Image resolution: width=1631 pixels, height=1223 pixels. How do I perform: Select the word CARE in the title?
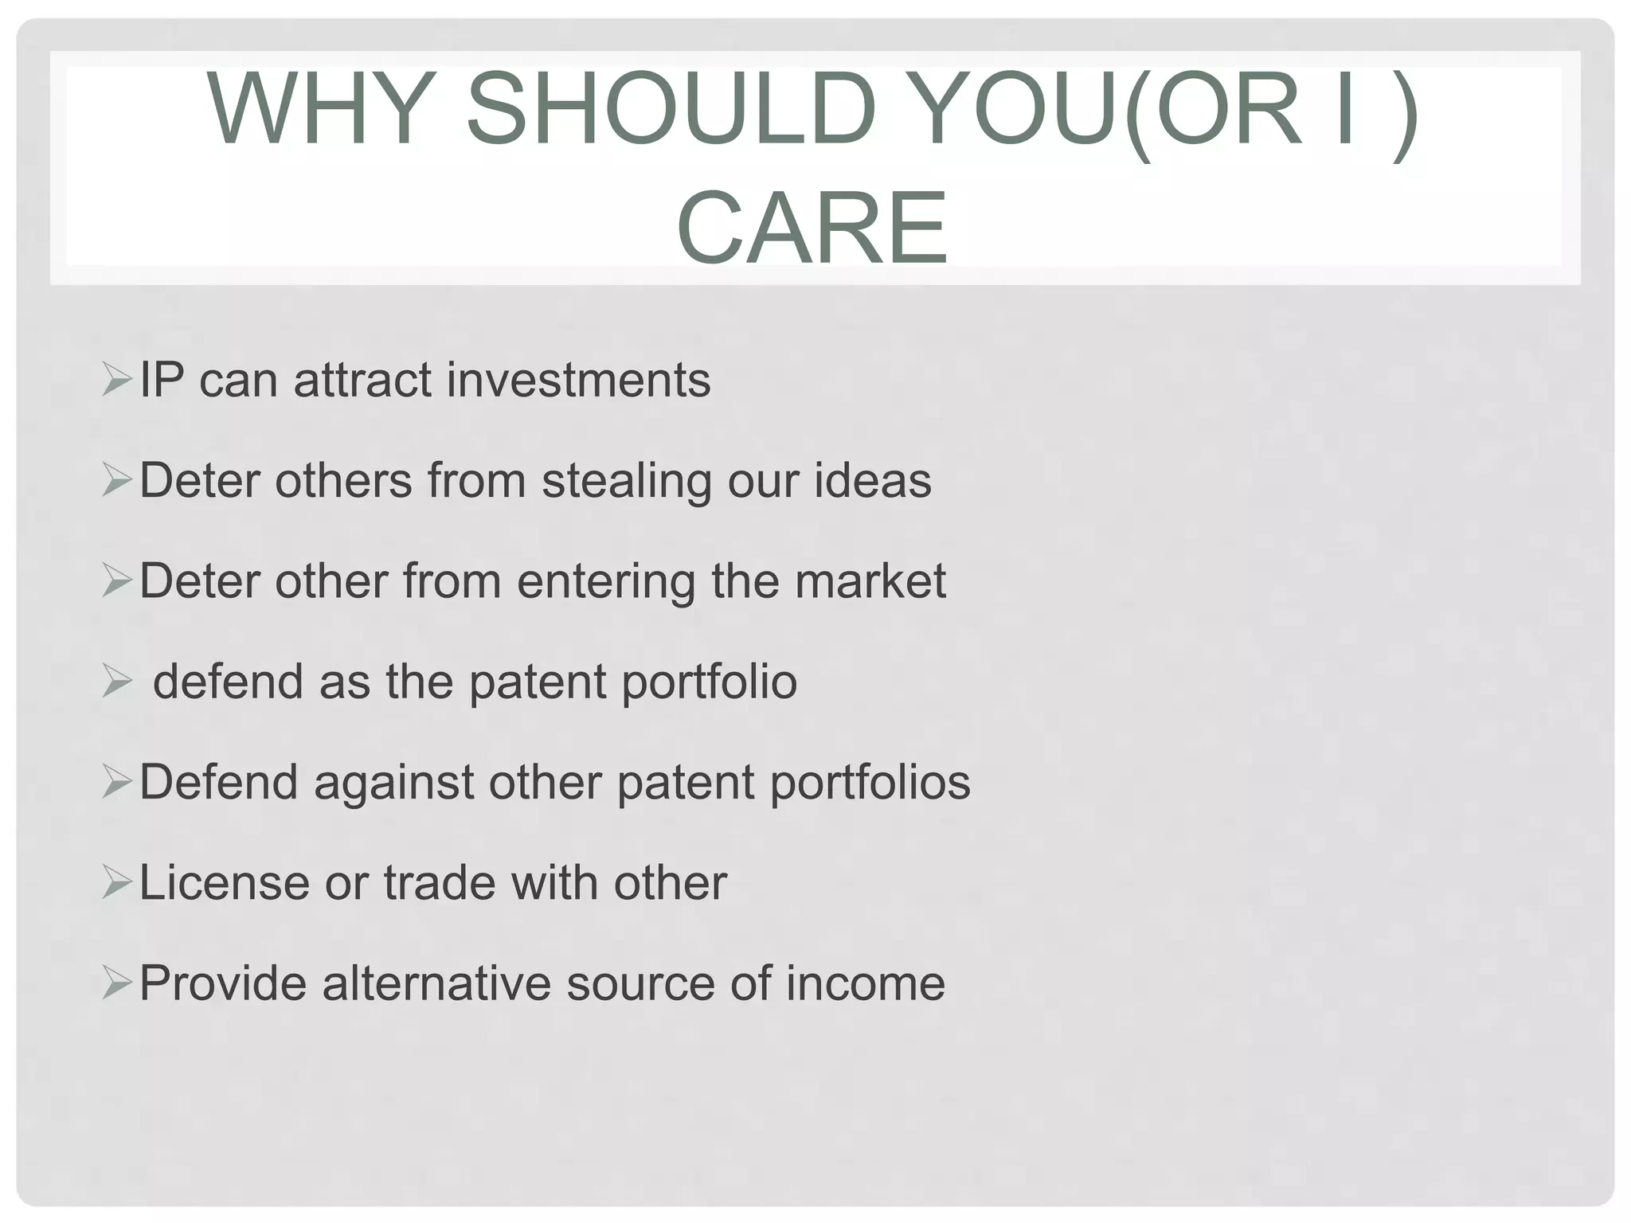pos(812,228)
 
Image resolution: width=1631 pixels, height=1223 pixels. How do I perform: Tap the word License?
pos(224,883)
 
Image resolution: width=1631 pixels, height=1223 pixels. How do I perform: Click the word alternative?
pos(436,983)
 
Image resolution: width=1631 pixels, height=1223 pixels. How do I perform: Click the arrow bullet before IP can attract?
pos(116,380)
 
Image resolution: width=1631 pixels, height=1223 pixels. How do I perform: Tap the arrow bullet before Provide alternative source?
pos(116,984)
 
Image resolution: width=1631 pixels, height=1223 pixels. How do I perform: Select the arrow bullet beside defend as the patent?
pos(116,682)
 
